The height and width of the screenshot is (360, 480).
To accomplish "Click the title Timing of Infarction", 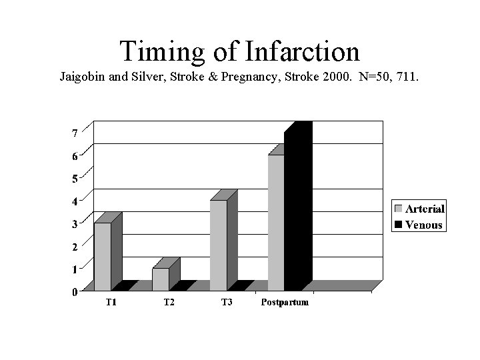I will click(240, 51).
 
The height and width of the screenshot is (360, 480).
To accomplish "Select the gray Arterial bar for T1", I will click(102, 257).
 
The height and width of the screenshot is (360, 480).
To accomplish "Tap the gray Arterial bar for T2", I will click(160, 279).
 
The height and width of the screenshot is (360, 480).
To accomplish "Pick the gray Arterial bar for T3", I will click(218, 245).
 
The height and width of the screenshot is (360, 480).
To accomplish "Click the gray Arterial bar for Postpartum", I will click(276, 223).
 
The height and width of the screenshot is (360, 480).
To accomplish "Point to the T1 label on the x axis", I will click(111, 303).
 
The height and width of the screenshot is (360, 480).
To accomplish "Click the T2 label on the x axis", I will click(169, 303).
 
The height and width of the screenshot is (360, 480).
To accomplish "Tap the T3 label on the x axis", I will click(227, 303).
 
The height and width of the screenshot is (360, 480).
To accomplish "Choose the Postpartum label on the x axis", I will click(285, 303).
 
